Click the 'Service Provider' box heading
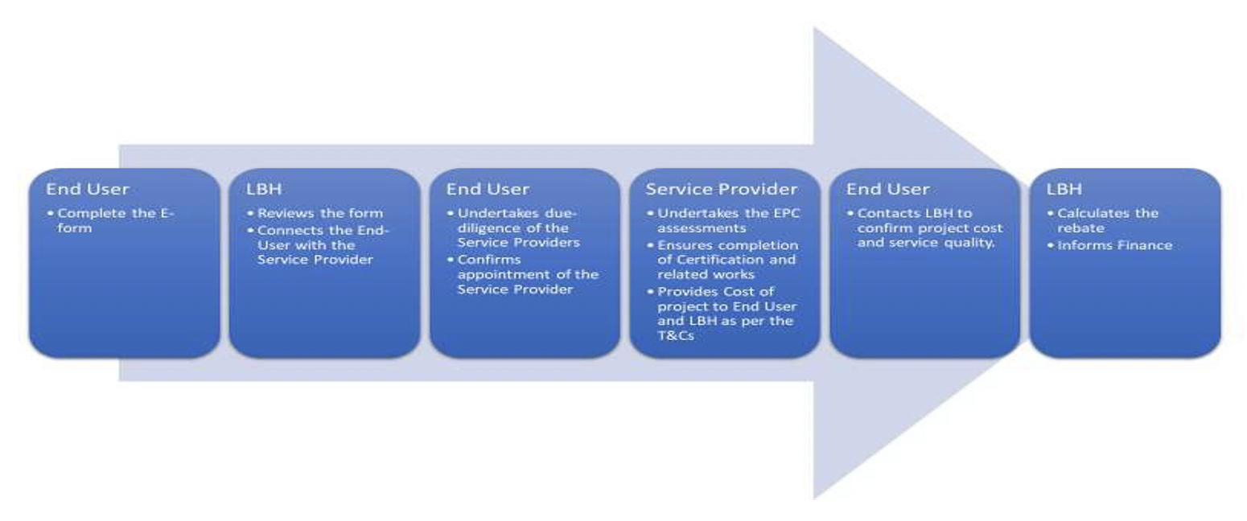pos(722,189)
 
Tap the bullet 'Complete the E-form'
pos(111,220)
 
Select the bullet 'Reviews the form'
pos(315,213)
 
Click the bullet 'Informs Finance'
pos(1109,245)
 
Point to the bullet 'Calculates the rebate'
pos(1103,220)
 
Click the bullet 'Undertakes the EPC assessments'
pos(724,220)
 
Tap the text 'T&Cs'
pos(676,335)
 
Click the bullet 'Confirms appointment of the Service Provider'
pos(523,274)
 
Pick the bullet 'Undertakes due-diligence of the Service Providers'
pos(513,228)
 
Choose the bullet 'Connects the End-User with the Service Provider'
pos(318,245)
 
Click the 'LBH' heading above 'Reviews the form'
pos(264,189)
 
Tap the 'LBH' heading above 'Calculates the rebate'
pos(1064,189)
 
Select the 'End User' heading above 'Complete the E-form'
pos(88,189)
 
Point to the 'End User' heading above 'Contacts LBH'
pos(888,189)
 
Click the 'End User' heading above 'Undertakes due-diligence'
pos(488,189)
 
